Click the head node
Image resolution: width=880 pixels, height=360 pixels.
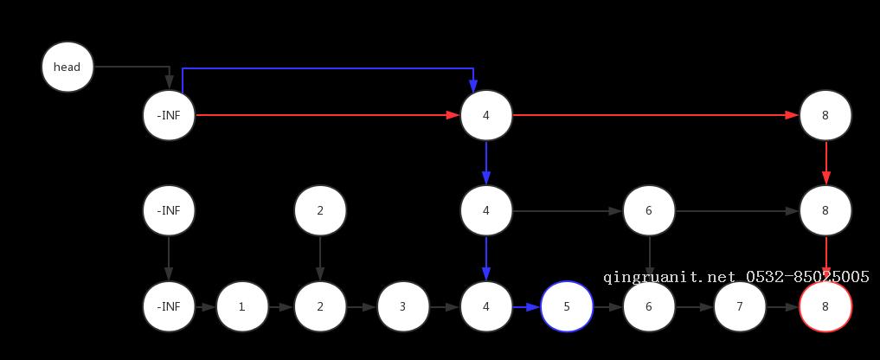coord(67,67)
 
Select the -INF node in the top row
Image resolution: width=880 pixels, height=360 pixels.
coord(169,115)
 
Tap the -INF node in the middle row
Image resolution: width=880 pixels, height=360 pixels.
coord(169,210)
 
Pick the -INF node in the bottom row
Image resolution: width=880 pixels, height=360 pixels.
coord(169,306)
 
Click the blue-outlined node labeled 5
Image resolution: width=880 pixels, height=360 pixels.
coord(567,306)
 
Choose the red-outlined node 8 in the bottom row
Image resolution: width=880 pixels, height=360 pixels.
coord(825,306)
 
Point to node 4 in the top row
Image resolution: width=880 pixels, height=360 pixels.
coord(486,115)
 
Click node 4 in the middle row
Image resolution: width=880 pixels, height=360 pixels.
coord(486,210)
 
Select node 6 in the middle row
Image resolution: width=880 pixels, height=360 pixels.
coord(648,210)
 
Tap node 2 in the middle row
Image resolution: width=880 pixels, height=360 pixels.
coord(320,210)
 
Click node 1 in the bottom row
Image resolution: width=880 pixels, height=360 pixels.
coord(241,306)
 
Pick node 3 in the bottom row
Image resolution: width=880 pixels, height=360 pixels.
coord(402,306)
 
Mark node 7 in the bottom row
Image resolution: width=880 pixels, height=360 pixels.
coord(740,306)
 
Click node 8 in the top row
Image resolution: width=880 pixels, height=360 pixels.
coord(825,115)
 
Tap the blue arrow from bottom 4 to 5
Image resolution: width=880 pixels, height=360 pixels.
coord(526,306)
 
